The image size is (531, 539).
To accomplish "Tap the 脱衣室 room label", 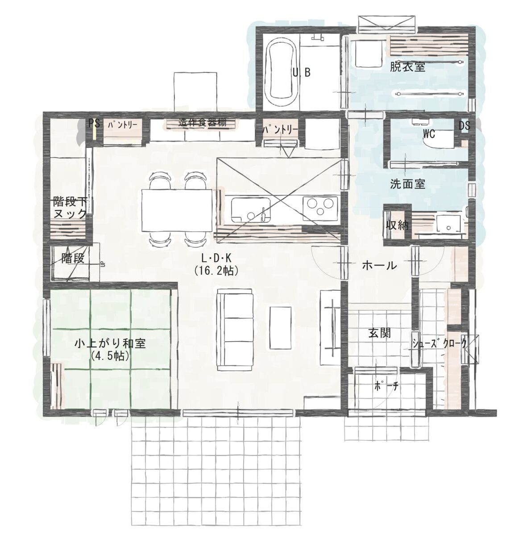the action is (x=408, y=67).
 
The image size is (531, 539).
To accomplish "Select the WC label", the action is (x=429, y=134).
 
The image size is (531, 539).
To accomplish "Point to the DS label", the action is (x=465, y=126).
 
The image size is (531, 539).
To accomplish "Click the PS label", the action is (x=94, y=124).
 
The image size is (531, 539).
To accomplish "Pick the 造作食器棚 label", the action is (x=203, y=122).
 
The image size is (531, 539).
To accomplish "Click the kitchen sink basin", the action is (x=251, y=209).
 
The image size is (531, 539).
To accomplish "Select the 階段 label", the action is (x=73, y=258).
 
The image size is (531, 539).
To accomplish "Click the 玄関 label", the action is (x=379, y=333).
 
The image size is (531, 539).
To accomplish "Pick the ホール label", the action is (x=379, y=266).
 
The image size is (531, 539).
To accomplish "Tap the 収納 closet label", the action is (x=397, y=225).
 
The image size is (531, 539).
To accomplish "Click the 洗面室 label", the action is (x=408, y=184).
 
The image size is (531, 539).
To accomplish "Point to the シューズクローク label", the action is (x=439, y=344).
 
